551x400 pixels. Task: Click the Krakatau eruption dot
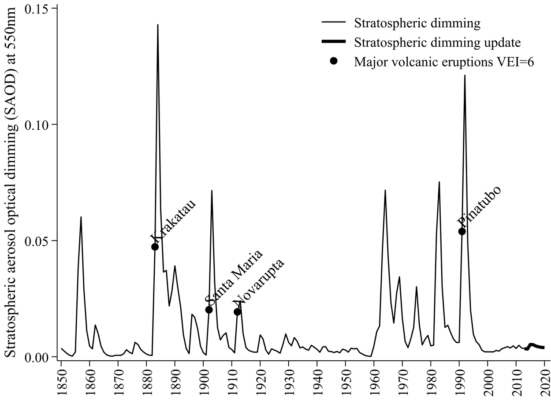tap(155, 247)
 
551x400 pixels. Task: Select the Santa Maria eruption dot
tap(209, 310)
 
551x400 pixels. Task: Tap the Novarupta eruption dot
tap(237, 312)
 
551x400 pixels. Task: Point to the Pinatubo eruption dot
tap(462, 231)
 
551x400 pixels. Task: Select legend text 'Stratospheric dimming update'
tap(437, 42)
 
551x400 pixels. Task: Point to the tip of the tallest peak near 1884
tap(157, 25)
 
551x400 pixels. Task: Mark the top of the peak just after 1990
tap(465, 75)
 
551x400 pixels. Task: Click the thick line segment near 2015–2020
tap(536, 346)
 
